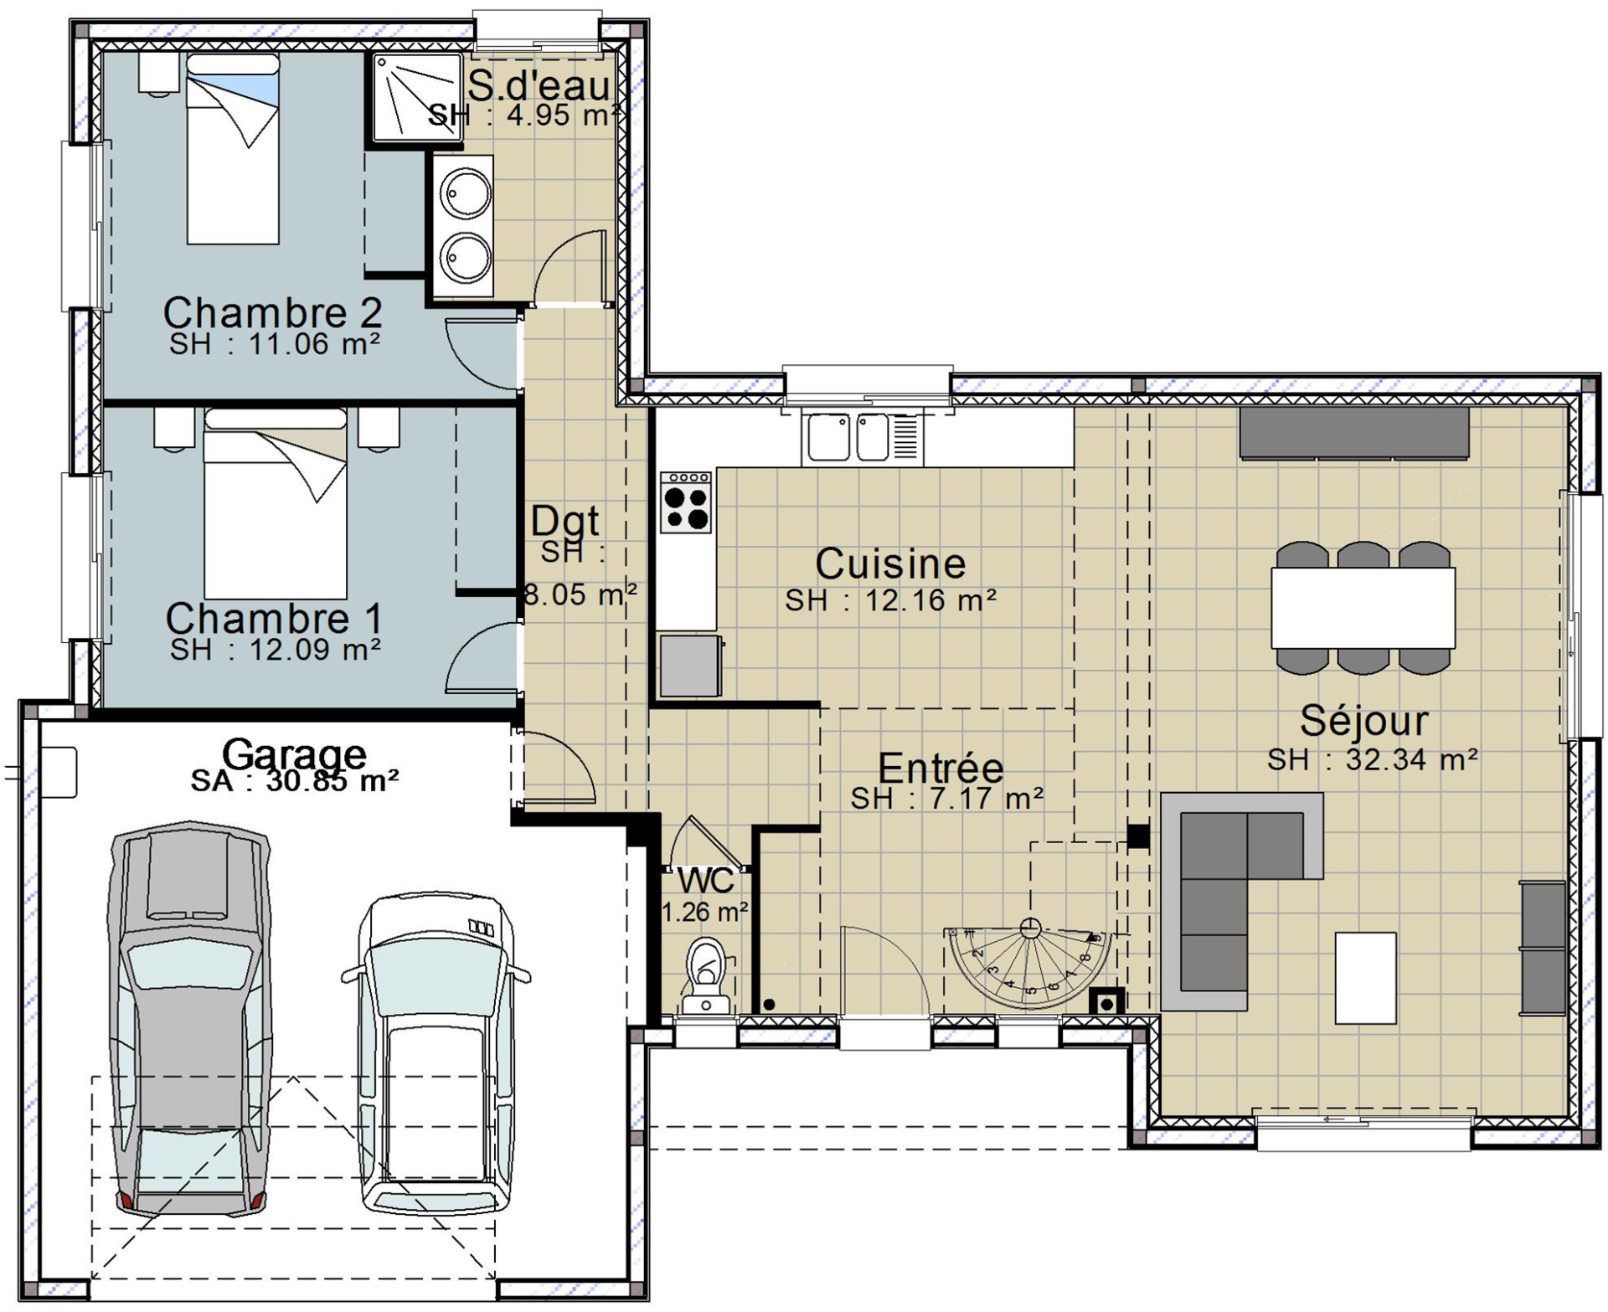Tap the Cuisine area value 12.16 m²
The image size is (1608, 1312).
pyautogui.click(x=930, y=600)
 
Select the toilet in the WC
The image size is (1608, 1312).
pyautogui.click(x=707, y=975)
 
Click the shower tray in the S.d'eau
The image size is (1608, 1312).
pyautogui.click(x=417, y=96)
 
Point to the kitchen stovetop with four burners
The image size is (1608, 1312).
pyautogui.click(x=686, y=502)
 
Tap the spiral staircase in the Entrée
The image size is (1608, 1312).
pyautogui.click(x=1029, y=965)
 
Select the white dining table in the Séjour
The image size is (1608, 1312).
pyautogui.click(x=1363, y=608)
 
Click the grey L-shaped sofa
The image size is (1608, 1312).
pyautogui.click(x=1241, y=900)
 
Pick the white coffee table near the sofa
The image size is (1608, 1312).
pyautogui.click(x=1365, y=978)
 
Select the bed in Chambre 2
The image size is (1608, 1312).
pyautogui.click(x=233, y=149)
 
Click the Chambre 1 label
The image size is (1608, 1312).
pyautogui.click(x=274, y=619)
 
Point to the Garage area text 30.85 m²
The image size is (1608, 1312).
pyautogui.click(x=332, y=780)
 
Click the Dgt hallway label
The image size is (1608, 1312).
pyautogui.click(x=565, y=521)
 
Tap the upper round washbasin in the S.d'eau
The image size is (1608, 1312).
pyautogui.click(x=465, y=193)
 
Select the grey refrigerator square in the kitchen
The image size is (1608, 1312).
pyautogui.click(x=689, y=666)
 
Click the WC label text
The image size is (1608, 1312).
pyautogui.click(x=705, y=881)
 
